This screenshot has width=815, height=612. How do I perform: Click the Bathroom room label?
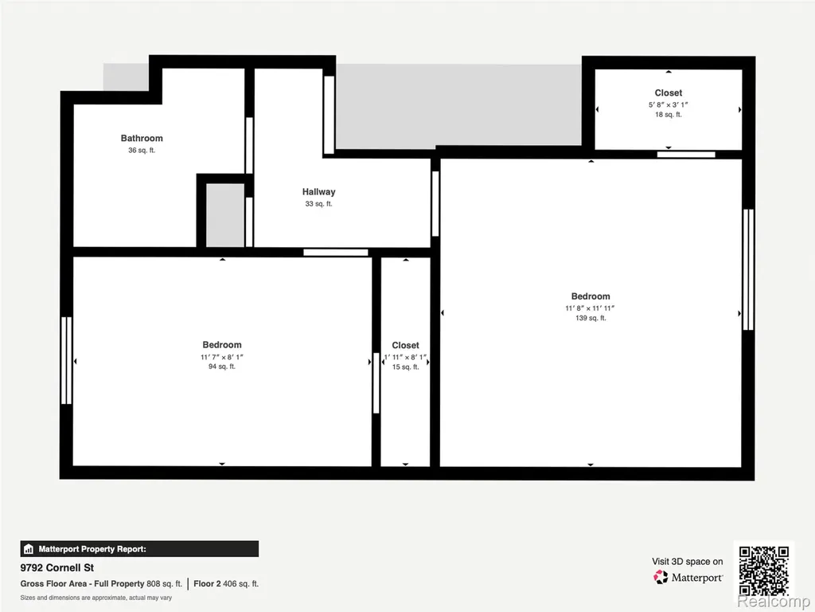[142, 138]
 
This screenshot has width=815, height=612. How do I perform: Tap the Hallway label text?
[318, 192]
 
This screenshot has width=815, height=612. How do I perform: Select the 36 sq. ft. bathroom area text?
[142, 151]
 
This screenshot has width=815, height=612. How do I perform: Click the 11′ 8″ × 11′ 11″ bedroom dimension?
[590, 308]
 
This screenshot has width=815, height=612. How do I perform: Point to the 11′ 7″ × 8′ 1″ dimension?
[222, 357]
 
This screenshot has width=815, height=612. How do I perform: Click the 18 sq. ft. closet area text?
[668, 115]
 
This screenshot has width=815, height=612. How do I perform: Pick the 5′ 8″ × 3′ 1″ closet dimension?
[668, 104]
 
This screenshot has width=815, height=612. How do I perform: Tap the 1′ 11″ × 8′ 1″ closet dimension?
[405, 358]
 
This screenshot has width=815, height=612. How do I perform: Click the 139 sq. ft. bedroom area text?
[591, 318]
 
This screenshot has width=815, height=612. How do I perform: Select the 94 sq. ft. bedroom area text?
[222, 367]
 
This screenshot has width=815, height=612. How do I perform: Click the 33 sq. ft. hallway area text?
[318, 204]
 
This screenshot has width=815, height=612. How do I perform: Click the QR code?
[764, 571]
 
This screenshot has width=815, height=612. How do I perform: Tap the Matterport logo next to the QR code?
[688, 577]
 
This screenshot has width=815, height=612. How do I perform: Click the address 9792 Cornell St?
[57, 567]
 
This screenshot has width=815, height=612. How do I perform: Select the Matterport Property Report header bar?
[139, 549]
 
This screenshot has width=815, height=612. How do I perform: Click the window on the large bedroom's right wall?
[748, 269]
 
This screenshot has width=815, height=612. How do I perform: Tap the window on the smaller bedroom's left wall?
[67, 361]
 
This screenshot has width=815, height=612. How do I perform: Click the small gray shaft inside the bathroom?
[225, 215]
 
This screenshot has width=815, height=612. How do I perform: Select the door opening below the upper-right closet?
[686, 155]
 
